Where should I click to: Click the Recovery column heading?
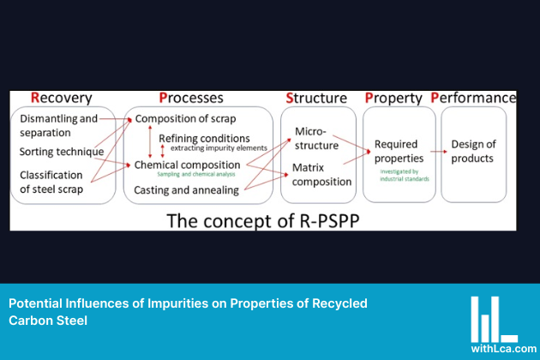point(61,98)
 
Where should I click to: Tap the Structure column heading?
point(316,98)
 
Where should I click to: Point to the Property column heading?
point(393,98)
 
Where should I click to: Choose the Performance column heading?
point(473,98)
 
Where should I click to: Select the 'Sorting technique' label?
point(62,152)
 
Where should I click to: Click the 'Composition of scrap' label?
point(186,119)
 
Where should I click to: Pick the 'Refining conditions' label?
point(204,138)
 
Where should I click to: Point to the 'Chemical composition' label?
point(187,164)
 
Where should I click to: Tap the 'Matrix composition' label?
point(321,174)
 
